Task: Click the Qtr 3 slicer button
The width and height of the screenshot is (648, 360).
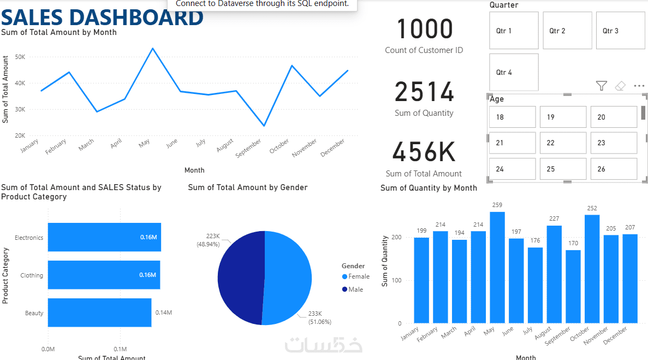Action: click(x=620, y=31)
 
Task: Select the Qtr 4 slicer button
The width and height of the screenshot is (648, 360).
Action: click(x=514, y=72)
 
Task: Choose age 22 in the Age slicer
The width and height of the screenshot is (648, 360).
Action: click(x=563, y=143)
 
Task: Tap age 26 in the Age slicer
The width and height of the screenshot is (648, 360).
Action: click(x=614, y=169)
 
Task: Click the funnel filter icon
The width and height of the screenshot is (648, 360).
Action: click(x=601, y=86)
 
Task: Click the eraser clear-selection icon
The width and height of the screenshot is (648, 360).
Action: click(x=620, y=86)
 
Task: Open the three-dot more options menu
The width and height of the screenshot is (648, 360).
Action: click(x=639, y=86)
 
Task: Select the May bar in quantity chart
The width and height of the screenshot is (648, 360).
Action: click(x=497, y=267)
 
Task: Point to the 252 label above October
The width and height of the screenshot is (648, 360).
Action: click(x=592, y=208)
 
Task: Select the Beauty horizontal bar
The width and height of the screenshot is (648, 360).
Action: click(x=99, y=312)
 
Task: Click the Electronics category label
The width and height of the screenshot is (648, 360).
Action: click(x=29, y=238)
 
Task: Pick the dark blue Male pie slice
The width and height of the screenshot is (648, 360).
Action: click(x=240, y=278)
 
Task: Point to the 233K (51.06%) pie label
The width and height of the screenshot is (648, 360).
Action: click(x=319, y=317)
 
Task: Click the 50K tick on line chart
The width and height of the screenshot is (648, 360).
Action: click(x=20, y=57)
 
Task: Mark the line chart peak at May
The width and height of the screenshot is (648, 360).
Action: click(x=153, y=49)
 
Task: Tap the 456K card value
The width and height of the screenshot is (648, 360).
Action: click(x=424, y=152)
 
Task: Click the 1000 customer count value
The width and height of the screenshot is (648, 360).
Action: click(x=424, y=29)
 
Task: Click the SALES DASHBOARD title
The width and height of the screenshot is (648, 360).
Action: click(x=102, y=17)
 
